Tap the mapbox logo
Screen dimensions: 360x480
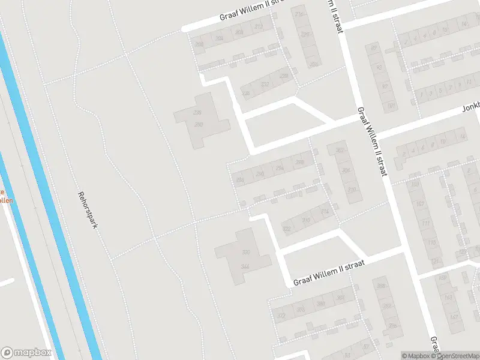(x=25, y=353)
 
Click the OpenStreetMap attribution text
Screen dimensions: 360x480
(x=457, y=356)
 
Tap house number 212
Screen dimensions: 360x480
(x=259, y=27)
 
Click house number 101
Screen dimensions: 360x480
(x=391, y=106)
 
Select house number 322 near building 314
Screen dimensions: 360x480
(x=287, y=229)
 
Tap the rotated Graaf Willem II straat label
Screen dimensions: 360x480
(x=372, y=142)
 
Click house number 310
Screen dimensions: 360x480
(x=351, y=190)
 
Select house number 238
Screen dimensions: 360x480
(x=245, y=94)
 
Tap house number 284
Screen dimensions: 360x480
(x=241, y=179)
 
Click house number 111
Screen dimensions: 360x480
(x=426, y=224)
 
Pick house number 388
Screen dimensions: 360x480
(x=381, y=286)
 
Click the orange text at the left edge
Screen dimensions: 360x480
(x=5, y=196)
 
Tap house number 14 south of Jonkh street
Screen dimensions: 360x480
(x=461, y=138)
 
